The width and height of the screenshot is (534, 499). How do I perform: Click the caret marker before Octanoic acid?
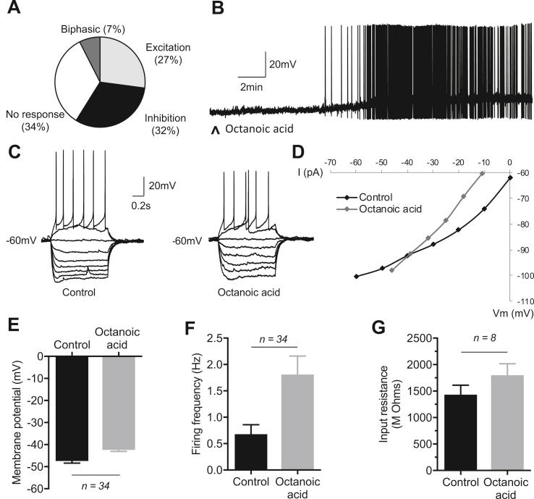214,131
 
